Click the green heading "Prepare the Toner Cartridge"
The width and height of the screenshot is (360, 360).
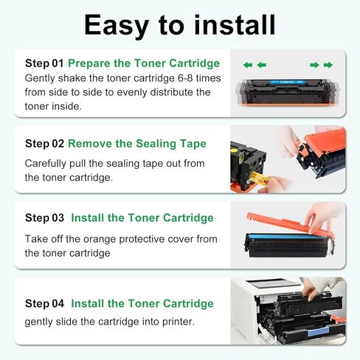[x=144, y=63]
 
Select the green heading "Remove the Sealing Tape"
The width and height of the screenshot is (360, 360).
[x=137, y=143]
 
